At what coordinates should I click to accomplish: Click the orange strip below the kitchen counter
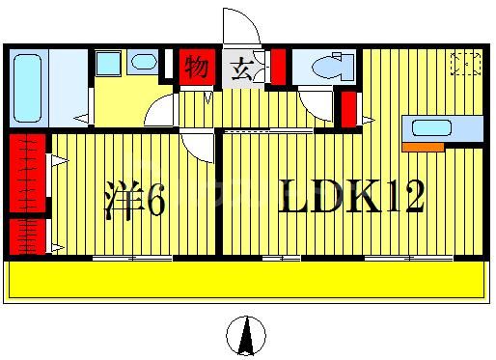(423, 147)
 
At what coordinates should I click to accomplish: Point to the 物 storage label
(198, 68)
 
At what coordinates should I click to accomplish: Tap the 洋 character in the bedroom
(124, 202)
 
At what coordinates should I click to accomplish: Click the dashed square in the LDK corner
(466, 64)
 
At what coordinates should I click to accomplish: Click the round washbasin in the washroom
(143, 63)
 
